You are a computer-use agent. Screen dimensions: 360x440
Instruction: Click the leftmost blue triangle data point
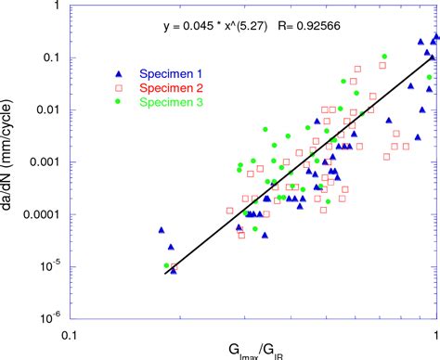tap(162, 229)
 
